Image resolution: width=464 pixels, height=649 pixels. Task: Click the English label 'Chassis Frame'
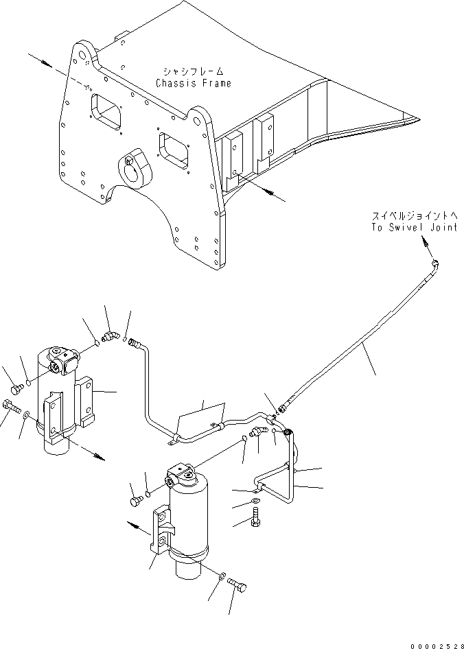[193, 83]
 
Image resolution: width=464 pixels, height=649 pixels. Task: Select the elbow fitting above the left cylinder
[109, 336]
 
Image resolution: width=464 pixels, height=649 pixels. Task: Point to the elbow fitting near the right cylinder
[259, 432]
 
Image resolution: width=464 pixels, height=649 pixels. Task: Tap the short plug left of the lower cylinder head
[134, 501]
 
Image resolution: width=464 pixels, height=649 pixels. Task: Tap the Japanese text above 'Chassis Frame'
[193, 71]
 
